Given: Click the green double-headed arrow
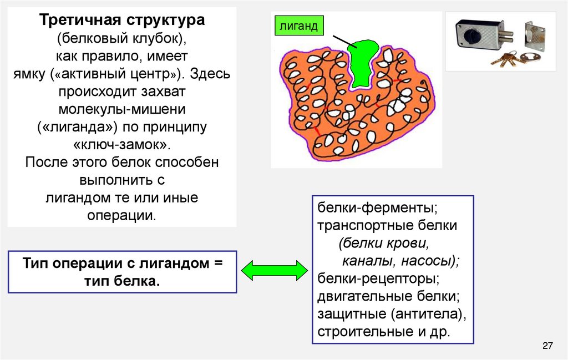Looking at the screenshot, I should tap(275, 270).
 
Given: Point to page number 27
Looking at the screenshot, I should tap(547, 347).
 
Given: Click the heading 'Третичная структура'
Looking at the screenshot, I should tap(122, 21).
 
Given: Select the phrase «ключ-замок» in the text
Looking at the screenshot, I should tap(122, 145).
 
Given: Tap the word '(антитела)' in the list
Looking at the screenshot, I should tap(428, 313).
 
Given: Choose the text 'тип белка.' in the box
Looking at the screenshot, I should tap(122, 281).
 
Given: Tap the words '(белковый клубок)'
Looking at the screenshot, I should tap(122, 39).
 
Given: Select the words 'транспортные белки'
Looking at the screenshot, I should tap(387, 226).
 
